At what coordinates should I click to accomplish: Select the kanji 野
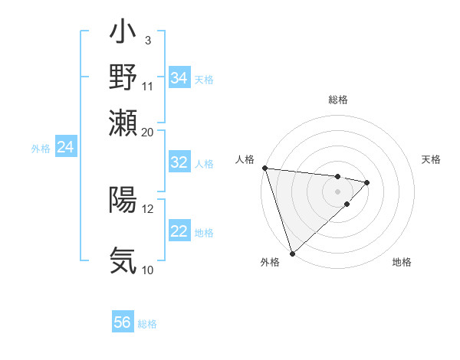[x=123, y=77]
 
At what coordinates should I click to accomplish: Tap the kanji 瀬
[x=123, y=122]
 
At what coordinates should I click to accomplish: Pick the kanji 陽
[x=123, y=200]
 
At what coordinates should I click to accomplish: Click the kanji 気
[x=123, y=260]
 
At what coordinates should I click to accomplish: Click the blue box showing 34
[x=179, y=77]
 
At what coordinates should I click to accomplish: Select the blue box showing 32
[x=179, y=162]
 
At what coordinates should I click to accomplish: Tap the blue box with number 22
[x=179, y=231]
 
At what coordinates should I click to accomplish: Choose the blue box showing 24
[x=66, y=147]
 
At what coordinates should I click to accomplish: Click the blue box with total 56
[x=123, y=322]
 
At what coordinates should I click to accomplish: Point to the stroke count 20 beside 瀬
[x=148, y=132]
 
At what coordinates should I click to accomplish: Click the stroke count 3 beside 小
[x=147, y=40]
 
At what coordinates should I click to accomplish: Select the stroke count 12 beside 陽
[x=148, y=208]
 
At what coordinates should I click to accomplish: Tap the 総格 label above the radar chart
[x=338, y=100]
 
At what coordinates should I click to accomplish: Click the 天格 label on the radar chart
[x=431, y=159]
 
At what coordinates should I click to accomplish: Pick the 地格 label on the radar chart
[x=402, y=262]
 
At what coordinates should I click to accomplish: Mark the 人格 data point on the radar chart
[x=264, y=168]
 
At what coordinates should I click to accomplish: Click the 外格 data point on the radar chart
[x=292, y=253]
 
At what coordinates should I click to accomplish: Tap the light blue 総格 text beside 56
[x=148, y=324]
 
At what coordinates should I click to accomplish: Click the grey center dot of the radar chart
[x=337, y=191]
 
